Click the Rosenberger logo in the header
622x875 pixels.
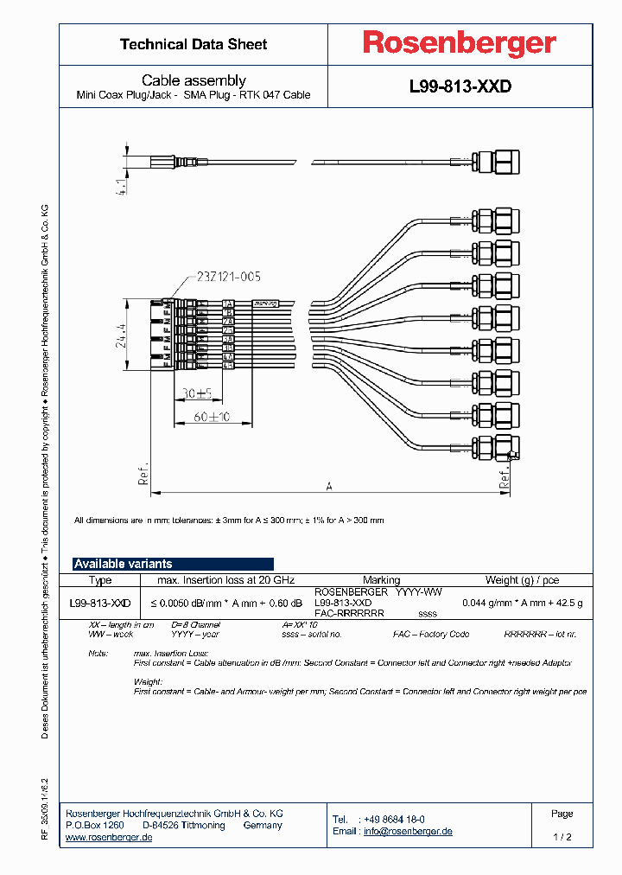pyautogui.click(x=459, y=44)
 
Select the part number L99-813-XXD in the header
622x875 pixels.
pyautogui.click(x=460, y=87)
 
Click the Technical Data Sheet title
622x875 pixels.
pyautogui.click(x=194, y=44)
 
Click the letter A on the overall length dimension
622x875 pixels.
pyautogui.click(x=329, y=486)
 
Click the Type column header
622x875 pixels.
pyautogui.click(x=100, y=580)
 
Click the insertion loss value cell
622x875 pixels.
pyautogui.click(x=226, y=603)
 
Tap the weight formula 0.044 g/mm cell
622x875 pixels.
pyautogui.click(x=522, y=603)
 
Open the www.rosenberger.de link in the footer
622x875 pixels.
pyautogui.click(x=109, y=838)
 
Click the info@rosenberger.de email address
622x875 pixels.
pyautogui.click(x=407, y=831)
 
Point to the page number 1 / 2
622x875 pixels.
pyautogui.click(x=562, y=837)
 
